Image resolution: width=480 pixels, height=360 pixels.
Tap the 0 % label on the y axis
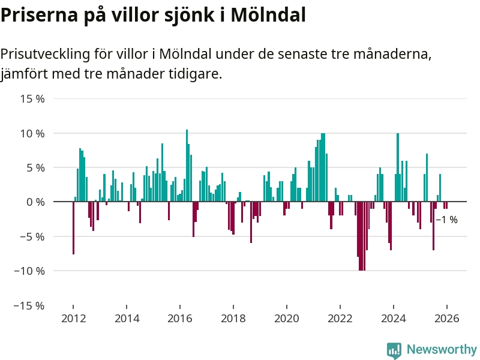(36, 202)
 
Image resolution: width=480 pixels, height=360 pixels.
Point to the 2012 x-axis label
(73, 319)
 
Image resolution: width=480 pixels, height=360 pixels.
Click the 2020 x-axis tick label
(287, 319)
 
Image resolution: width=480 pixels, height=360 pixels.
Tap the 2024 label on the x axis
(394, 319)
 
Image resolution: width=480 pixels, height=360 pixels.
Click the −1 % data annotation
(446, 220)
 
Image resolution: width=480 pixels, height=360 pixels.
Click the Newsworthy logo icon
(394, 350)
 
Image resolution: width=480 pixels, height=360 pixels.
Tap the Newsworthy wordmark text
(442, 349)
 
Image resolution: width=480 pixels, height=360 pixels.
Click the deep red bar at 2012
(73, 228)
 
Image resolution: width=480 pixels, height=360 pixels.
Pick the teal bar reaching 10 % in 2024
(398, 167)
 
